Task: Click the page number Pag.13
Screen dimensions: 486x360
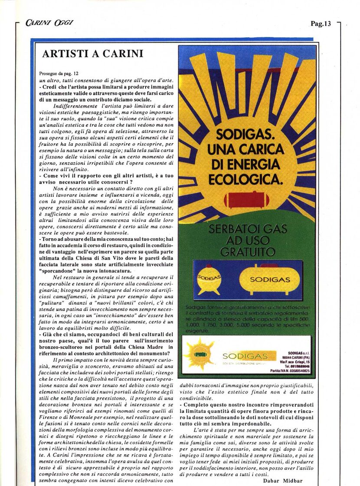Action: pyautogui.click(x=321, y=24)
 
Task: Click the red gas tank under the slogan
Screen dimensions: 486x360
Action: pyautogui.click(x=246, y=199)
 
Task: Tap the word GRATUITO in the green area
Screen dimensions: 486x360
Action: pyautogui.click(x=247, y=252)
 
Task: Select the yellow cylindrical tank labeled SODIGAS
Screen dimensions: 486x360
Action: pyautogui.click(x=269, y=279)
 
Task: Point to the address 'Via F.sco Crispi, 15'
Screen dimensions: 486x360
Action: pyautogui.click(x=295, y=361)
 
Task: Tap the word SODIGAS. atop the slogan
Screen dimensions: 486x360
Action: pyautogui.click(x=245, y=133)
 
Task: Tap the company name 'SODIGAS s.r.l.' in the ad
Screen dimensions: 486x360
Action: pyautogui.click(x=299, y=353)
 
